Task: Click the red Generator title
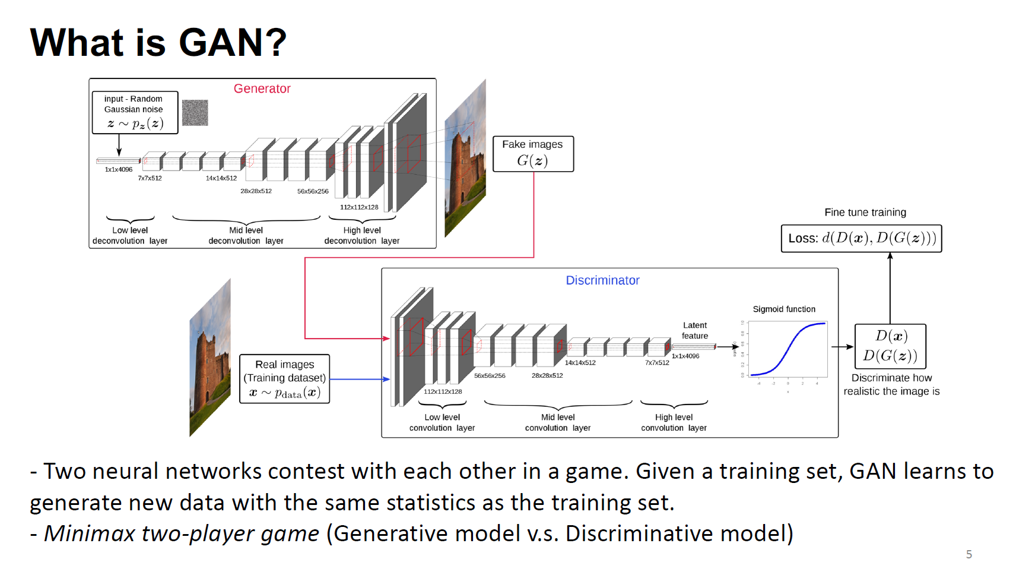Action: point(262,89)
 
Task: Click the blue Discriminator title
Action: point(602,280)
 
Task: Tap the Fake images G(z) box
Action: point(533,154)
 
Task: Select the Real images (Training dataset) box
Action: point(284,379)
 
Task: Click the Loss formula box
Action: point(861,238)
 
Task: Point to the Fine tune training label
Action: point(865,212)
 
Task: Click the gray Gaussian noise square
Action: point(195,112)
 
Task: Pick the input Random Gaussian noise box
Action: point(135,112)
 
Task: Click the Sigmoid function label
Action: point(783,309)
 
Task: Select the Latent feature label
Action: point(694,330)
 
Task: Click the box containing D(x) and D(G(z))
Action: point(890,346)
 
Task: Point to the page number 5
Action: point(969,554)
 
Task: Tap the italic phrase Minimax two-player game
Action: point(182,533)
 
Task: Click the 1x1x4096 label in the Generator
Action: point(119,169)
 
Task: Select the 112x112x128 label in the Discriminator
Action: point(443,391)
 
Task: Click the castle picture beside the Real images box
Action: point(210,358)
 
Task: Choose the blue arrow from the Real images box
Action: point(360,379)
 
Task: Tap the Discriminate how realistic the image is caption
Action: point(891,384)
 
